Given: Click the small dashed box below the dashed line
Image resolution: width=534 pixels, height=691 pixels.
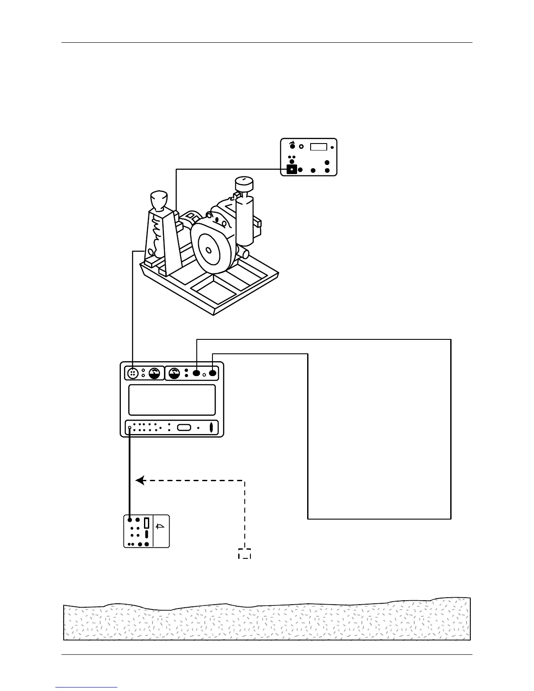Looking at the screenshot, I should (244, 553).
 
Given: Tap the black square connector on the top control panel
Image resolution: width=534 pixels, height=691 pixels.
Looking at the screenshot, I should (291, 169).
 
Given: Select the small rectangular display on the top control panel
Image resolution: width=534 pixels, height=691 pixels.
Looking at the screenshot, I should (318, 146).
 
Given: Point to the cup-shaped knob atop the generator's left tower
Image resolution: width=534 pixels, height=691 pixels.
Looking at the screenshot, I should (159, 200).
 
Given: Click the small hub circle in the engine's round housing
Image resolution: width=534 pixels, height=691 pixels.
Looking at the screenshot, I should (209, 250).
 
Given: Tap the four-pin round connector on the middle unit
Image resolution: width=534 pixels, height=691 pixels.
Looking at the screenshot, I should (132, 373).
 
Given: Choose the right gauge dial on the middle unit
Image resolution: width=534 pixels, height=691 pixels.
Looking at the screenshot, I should (175, 373).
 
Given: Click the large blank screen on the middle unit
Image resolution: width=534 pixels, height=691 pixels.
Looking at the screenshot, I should (172, 400).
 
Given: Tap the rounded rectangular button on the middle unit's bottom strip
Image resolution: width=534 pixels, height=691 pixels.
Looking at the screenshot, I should (184, 428).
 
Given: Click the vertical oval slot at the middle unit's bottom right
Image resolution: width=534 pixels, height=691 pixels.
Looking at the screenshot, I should (211, 428).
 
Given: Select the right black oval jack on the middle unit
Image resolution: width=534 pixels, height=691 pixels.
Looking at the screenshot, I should (212, 373).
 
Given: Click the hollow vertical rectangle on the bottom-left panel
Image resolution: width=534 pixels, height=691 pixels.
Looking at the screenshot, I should (147, 523).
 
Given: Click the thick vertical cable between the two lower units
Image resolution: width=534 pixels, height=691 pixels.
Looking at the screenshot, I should (130, 475).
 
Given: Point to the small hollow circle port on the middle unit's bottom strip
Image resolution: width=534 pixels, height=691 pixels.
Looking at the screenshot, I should (130, 428).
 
